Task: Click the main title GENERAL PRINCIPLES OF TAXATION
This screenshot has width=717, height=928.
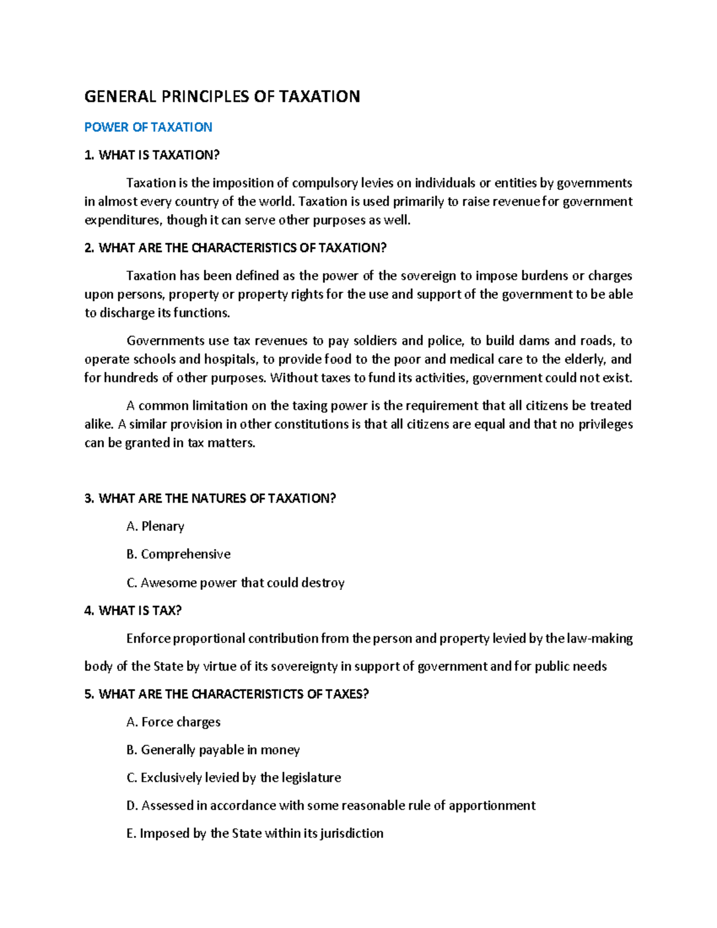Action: (222, 96)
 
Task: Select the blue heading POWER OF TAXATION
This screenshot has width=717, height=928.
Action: (148, 127)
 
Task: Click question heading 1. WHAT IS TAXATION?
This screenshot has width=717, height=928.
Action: (152, 155)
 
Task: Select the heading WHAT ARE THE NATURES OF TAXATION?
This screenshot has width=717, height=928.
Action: (210, 498)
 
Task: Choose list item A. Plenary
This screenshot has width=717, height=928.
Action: (155, 526)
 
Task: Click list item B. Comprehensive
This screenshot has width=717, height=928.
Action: (178, 554)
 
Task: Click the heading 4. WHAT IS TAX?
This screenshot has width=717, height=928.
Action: (133, 610)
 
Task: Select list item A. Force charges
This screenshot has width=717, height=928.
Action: (173, 722)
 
